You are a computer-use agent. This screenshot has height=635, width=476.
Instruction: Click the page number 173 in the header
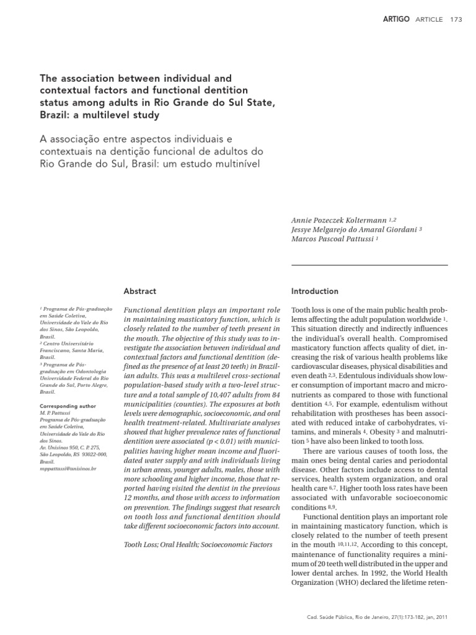456,19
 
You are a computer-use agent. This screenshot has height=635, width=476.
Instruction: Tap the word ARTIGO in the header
397,19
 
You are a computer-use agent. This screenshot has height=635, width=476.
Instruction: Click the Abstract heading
140,291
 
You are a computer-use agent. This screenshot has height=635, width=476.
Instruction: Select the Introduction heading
315,291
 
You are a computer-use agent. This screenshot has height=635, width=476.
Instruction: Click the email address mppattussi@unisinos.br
68,468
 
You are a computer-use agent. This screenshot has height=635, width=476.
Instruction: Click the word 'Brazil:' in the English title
55,115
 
